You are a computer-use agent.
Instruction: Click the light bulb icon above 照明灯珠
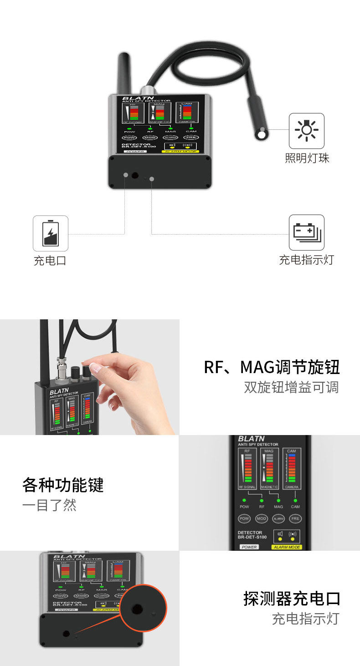pos(307,131)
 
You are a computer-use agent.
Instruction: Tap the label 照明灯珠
pos(307,158)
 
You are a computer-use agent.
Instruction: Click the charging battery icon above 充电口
pos(51,233)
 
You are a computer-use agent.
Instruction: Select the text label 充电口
pos(50,261)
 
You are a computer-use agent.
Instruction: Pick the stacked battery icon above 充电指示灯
pos(307,232)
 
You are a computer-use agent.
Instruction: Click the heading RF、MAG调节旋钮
pos(272,367)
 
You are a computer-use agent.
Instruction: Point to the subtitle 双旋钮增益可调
pos(291,387)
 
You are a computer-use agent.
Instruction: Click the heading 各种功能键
pos(63,485)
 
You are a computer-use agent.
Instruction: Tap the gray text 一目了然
pos(49,505)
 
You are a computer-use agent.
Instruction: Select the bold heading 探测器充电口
pos(292,599)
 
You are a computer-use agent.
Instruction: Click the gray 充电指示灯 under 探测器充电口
pos(305,619)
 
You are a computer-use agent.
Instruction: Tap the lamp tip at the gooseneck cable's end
pos(261,134)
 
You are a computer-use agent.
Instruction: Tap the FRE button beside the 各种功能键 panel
pos(295,519)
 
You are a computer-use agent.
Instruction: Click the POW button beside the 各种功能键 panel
pos(244,519)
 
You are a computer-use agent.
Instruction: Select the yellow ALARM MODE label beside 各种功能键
pos(287,547)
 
